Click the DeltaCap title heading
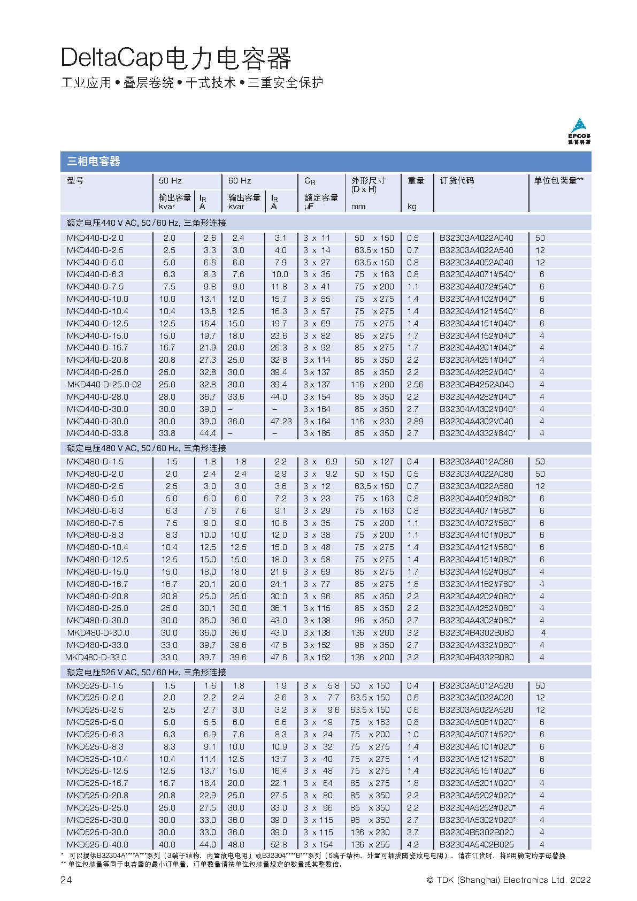coord(176,58)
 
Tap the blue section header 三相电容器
coord(94,161)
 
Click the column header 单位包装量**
coord(558,181)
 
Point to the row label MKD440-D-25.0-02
coord(104,385)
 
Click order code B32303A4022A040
coord(476,238)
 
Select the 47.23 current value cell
coord(281,422)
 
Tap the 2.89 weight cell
coord(415,422)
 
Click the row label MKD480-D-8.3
coord(95,535)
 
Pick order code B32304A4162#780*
coord(478,584)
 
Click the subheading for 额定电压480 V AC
coord(146,448)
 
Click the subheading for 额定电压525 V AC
coord(146,673)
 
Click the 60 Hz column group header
coord(240,181)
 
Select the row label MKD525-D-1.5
coord(95,686)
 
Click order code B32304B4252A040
coord(476,385)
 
